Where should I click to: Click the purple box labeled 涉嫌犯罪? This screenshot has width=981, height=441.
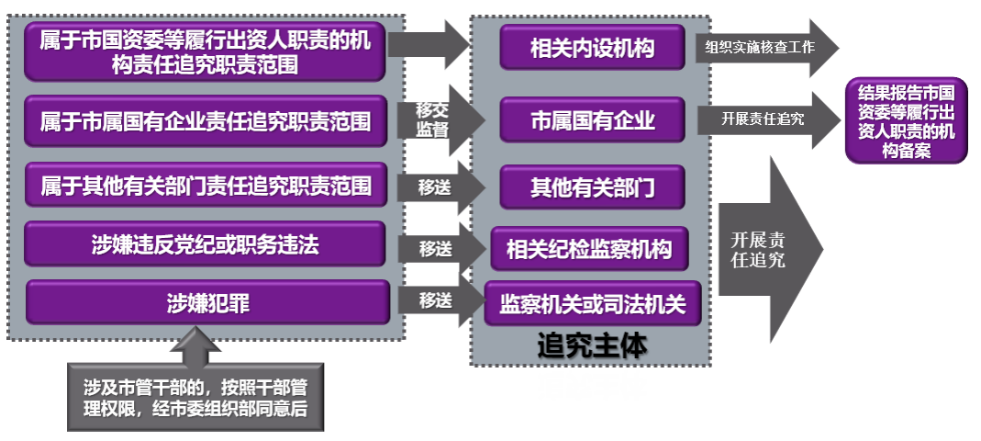[207, 302]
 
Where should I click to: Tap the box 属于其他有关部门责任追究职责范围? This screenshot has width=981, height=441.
[206, 187]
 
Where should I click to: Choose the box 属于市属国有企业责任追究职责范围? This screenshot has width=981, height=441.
[206, 121]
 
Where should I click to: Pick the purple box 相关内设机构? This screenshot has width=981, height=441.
[592, 48]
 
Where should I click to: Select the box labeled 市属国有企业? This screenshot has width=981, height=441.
[592, 119]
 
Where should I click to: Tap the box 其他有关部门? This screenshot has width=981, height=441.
[592, 187]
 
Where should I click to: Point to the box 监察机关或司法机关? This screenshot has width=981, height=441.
[592, 303]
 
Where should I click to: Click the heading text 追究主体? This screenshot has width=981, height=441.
[591, 345]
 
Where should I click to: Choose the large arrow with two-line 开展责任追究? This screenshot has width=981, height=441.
[766, 249]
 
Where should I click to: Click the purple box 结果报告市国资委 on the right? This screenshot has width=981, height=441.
[906, 120]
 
